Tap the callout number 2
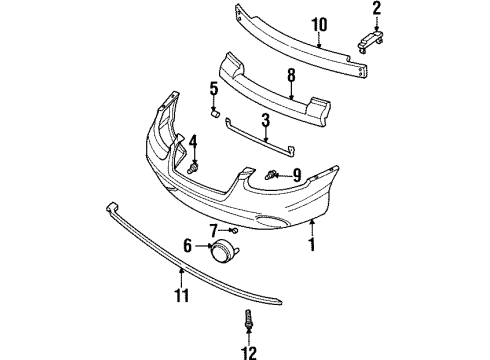point(376,13)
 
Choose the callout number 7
point(213,231)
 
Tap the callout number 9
point(296,176)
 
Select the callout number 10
point(318,25)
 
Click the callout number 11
point(181,295)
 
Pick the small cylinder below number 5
point(213,110)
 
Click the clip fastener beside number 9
point(272,176)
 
